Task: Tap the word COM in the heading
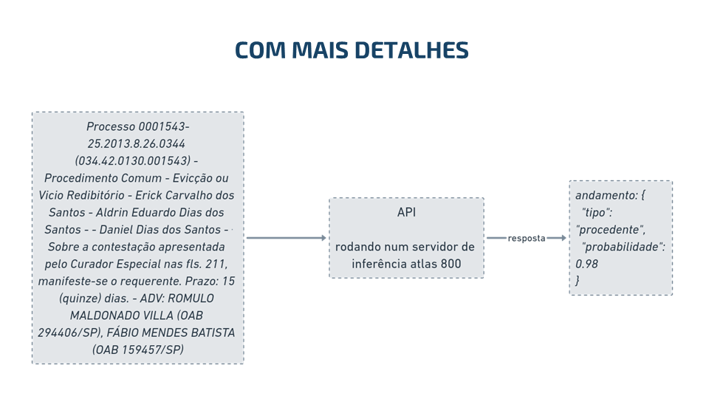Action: [x=261, y=50]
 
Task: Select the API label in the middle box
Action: [x=406, y=212]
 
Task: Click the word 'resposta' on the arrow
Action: [x=527, y=239]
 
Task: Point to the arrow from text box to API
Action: [x=287, y=237]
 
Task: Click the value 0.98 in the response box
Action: [x=586, y=264]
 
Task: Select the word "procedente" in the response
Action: [x=610, y=230]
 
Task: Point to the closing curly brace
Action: [x=578, y=281]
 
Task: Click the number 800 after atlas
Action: [x=451, y=264]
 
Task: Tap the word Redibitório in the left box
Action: [x=95, y=195]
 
